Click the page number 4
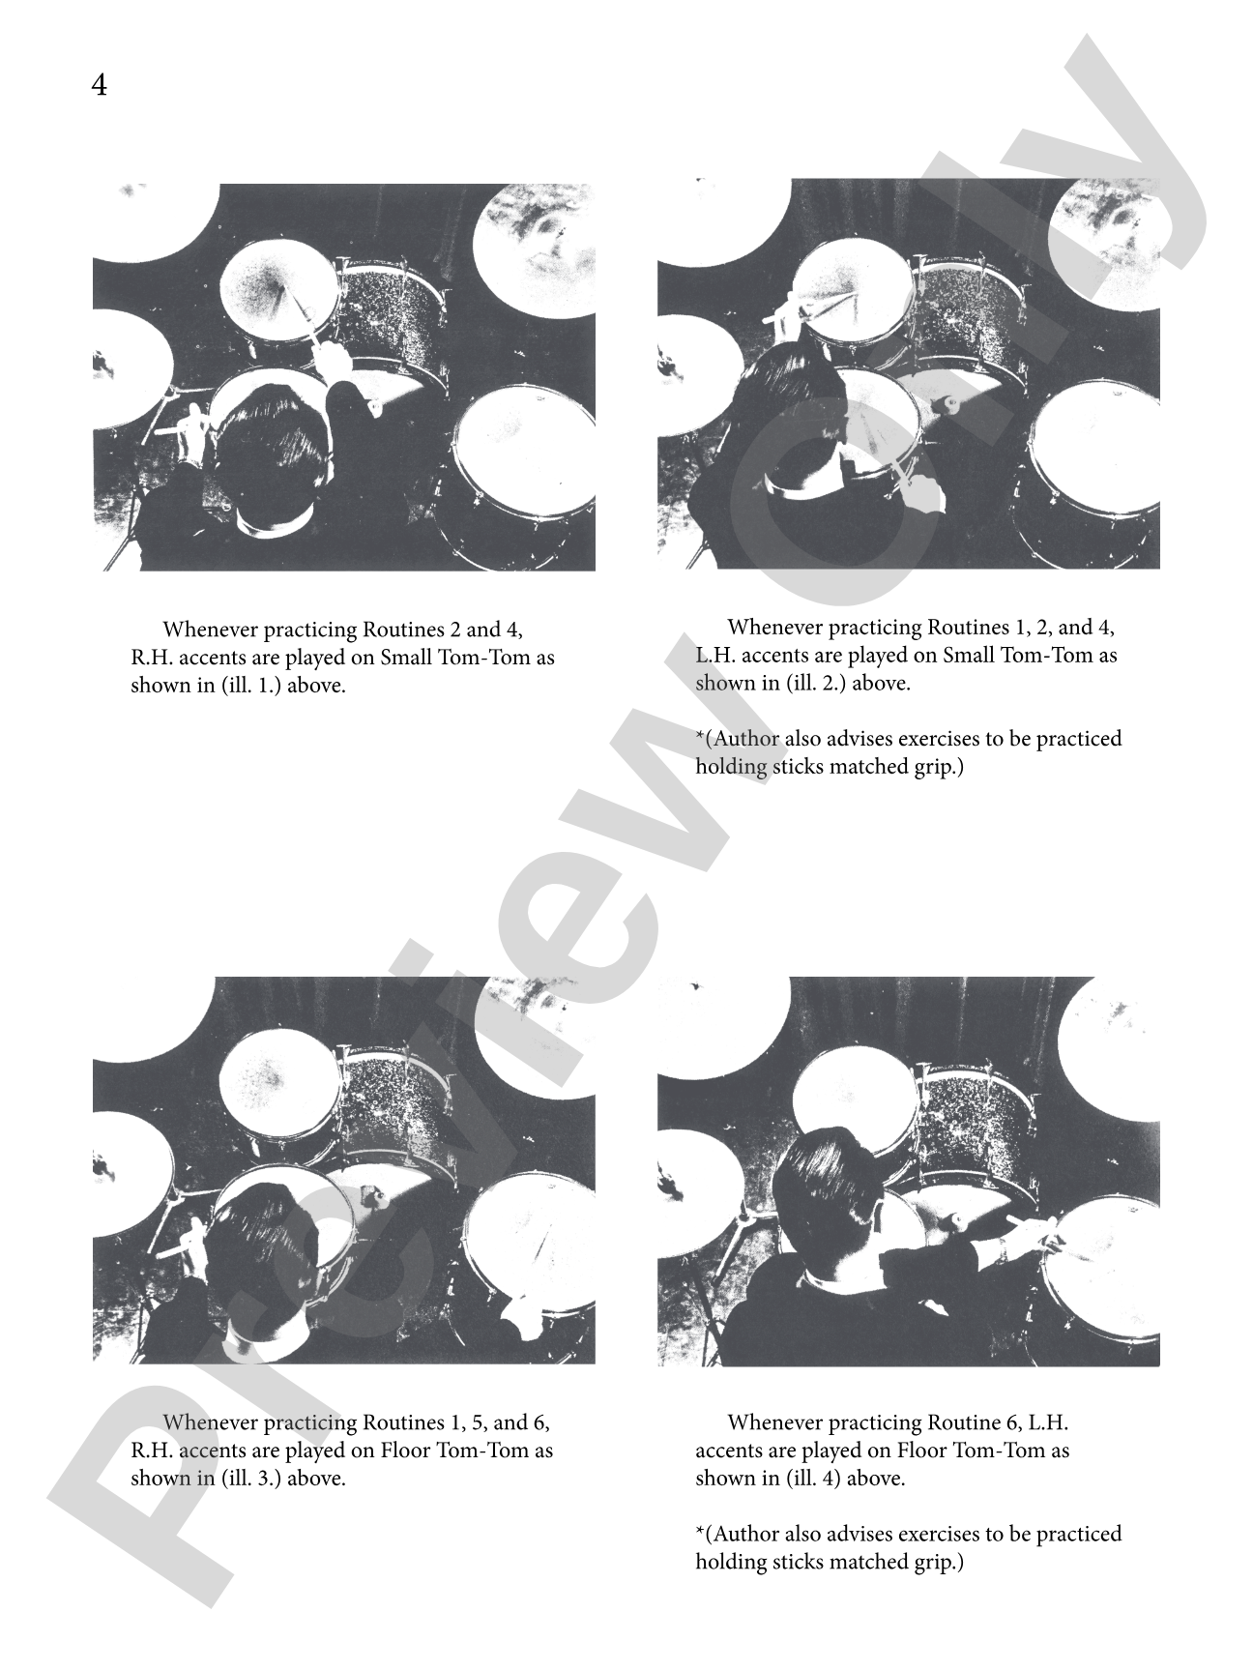click(x=100, y=87)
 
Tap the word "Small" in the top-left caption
click(x=406, y=659)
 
